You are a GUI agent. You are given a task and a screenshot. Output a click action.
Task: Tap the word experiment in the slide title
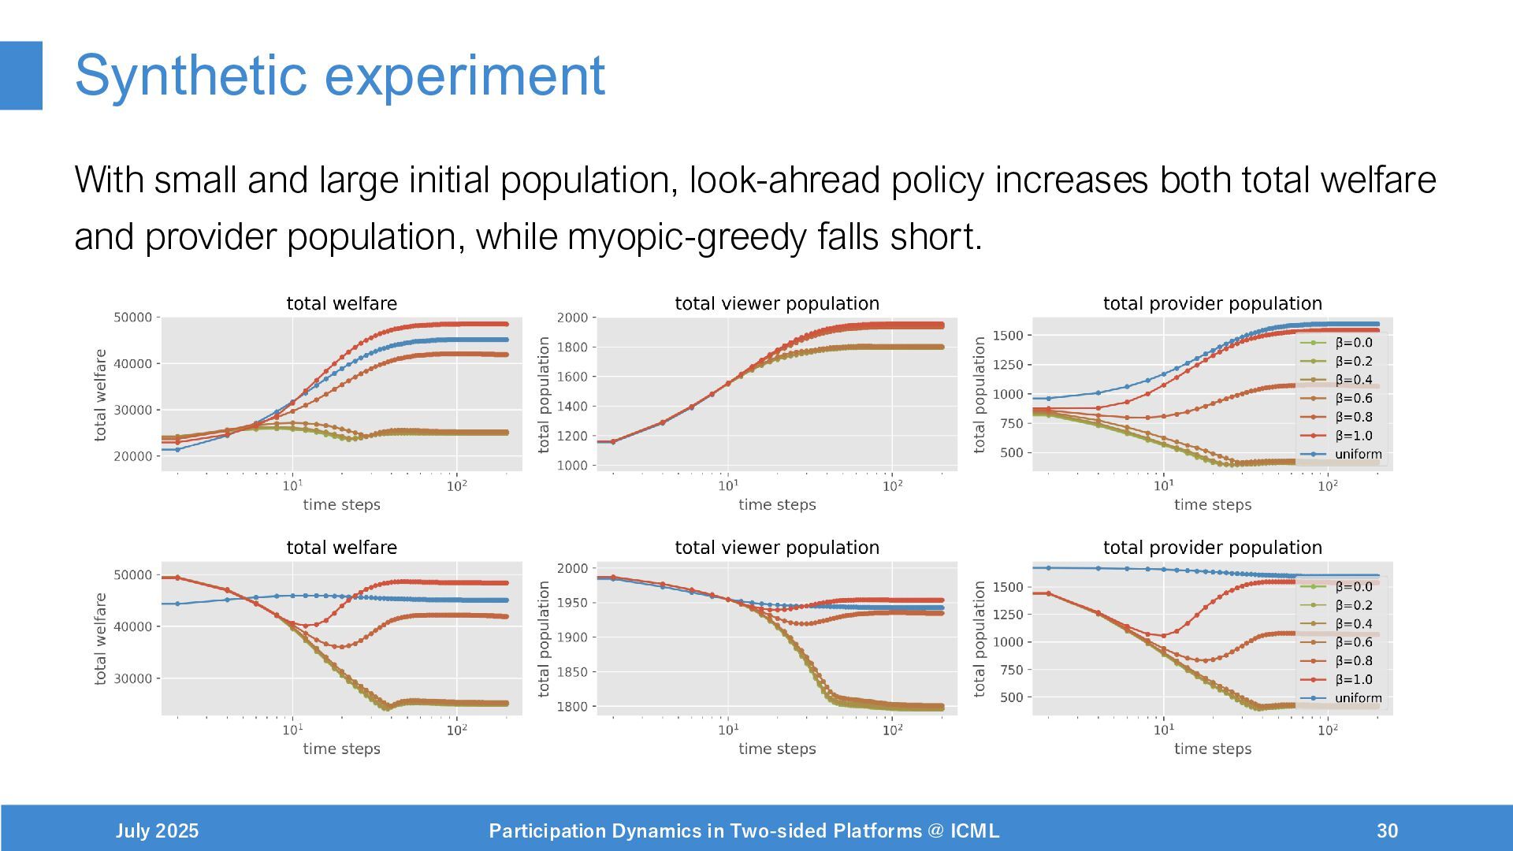click(464, 76)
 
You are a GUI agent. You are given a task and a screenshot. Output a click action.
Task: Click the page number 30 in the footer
click(1387, 831)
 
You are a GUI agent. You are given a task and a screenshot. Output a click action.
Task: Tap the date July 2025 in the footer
click(157, 831)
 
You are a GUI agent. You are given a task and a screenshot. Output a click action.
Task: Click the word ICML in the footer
click(975, 831)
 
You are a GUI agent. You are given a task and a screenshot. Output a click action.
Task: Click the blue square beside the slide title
click(21, 76)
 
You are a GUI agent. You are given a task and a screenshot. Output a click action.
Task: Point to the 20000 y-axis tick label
click(132, 456)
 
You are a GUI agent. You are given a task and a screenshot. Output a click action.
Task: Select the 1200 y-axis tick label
click(572, 436)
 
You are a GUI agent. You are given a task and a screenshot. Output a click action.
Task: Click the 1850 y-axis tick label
click(572, 672)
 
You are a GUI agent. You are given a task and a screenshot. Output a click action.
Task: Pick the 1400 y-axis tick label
click(572, 407)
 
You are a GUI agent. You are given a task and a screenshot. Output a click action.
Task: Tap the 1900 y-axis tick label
click(572, 637)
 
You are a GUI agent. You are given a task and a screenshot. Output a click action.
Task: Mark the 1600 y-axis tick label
click(572, 377)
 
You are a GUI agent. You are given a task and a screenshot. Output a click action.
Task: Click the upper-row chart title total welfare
click(341, 303)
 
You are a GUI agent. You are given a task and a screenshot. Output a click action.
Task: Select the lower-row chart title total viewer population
click(777, 548)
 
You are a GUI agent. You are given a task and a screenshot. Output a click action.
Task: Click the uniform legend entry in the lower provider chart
click(1358, 698)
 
